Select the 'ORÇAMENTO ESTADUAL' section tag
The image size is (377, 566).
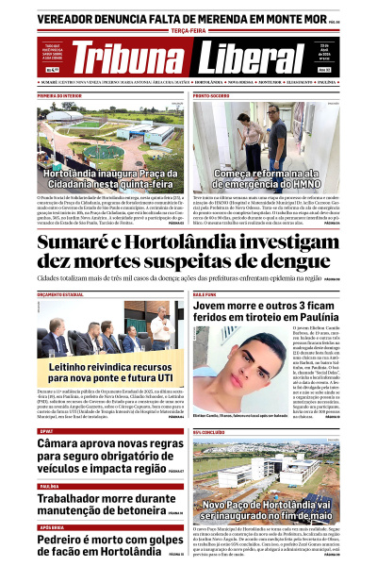click(61, 295)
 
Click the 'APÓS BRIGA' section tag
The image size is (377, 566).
click(52, 527)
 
